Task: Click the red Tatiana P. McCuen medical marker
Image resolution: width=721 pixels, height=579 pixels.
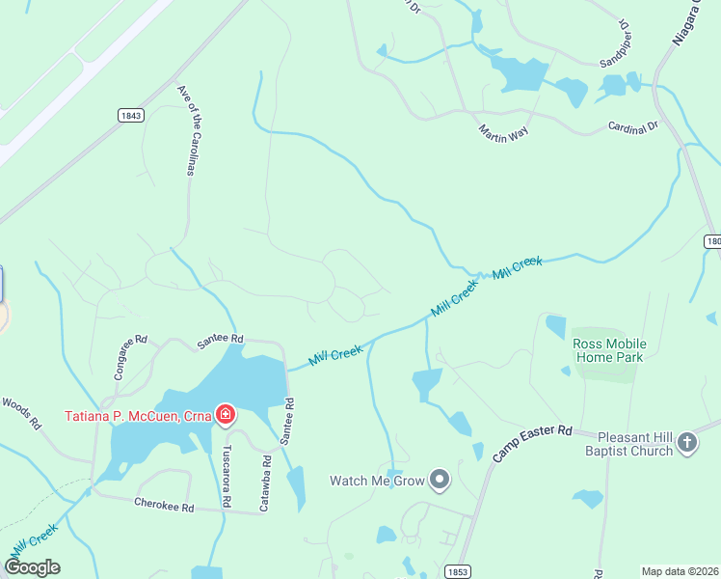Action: tap(226, 416)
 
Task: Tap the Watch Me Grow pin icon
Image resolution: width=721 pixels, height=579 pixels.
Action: tap(440, 480)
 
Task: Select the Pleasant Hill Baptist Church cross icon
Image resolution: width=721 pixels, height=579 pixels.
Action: tap(686, 443)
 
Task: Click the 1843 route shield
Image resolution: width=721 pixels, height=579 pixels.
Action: tap(131, 115)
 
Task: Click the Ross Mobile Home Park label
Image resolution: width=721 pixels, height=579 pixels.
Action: tap(609, 350)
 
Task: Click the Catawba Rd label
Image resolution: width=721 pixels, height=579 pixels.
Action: tap(266, 482)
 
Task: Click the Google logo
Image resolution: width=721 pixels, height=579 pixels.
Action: tap(32, 567)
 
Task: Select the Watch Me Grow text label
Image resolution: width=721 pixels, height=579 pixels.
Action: tap(378, 480)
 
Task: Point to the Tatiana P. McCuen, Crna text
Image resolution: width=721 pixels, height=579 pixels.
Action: tap(139, 417)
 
